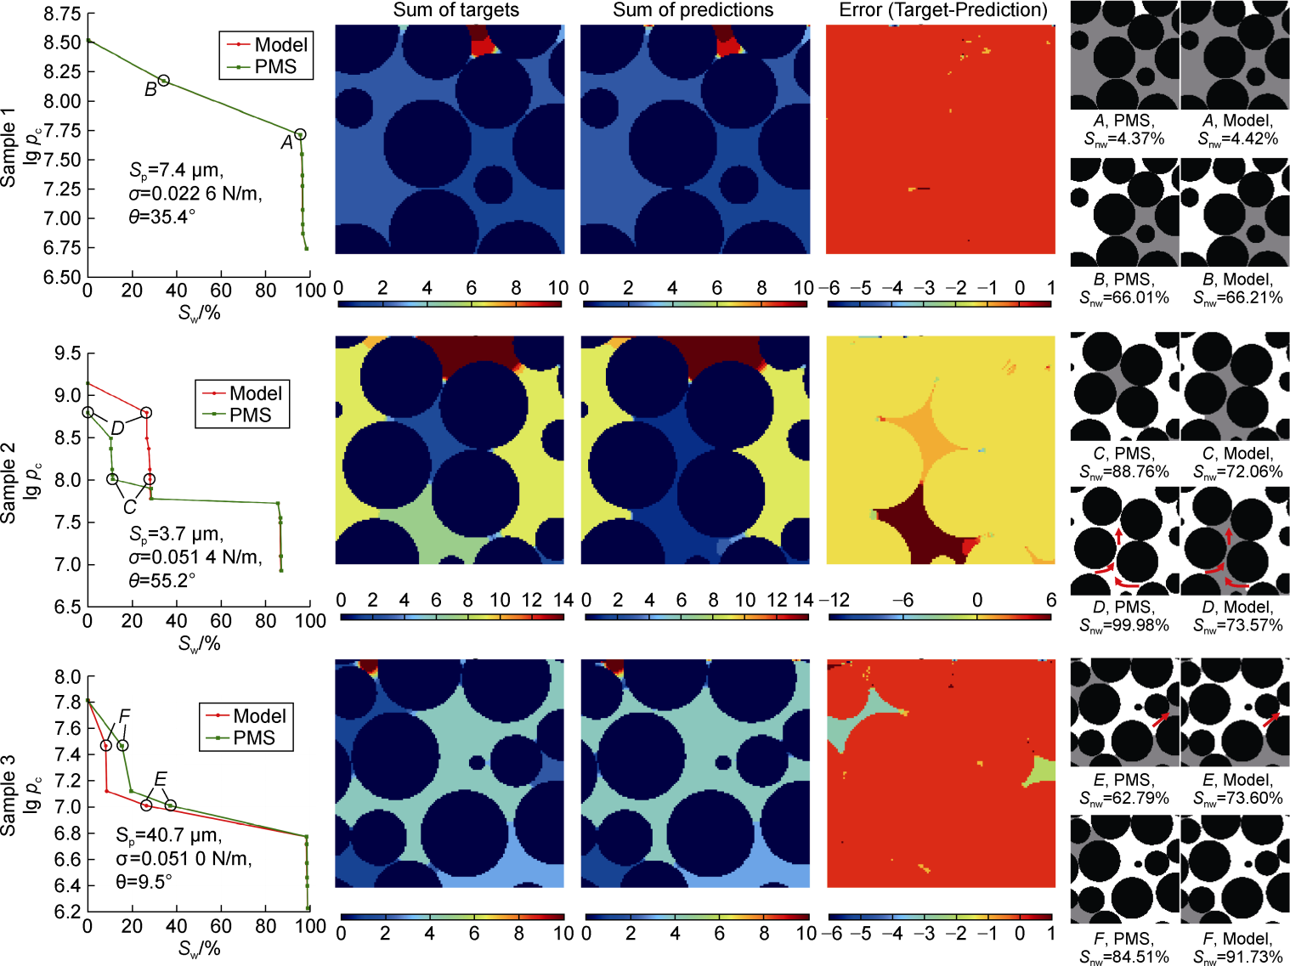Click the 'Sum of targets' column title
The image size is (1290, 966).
pyautogui.click(x=455, y=10)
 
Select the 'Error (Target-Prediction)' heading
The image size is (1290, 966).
pyautogui.click(x=943, y=10)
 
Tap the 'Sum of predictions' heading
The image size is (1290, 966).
pyautogui.click(x=693, y=10)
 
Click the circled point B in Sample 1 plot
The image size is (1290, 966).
pyautogui.click(x=163, y=81)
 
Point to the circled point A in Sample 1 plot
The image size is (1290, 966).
pyautogui.click(x=300, y=135)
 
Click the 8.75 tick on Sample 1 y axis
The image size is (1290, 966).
pyautogui.click(x=63, y=14)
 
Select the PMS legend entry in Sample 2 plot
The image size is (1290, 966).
pyautogui.click(x=251, y=415)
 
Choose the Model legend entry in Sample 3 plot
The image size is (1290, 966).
pyautogui.click(x=259, y=716)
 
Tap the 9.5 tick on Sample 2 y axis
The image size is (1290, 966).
pyautogui.click(x=68, y=353)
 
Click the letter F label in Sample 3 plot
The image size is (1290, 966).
pyautogui.click(x=125, y=716)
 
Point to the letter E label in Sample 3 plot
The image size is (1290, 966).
pyautogui.click(x=160, y=780)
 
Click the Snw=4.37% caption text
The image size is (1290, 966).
pyautogui.click(x=1124, y=138)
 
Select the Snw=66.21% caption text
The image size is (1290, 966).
pyautogui.click(x=1238, y=297)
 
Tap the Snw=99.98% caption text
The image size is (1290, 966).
pyautogui.click(x=1124, y=625)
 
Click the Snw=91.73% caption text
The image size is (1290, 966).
pyautogui.click(x=1238, y=957)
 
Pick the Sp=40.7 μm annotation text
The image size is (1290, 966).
pyautogui.click(x=168, y=836)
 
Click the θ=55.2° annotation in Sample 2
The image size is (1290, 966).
pyautogui.click(x=162, y=580)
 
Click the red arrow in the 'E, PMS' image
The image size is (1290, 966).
pyautogui.click(x=1160, y=720)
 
